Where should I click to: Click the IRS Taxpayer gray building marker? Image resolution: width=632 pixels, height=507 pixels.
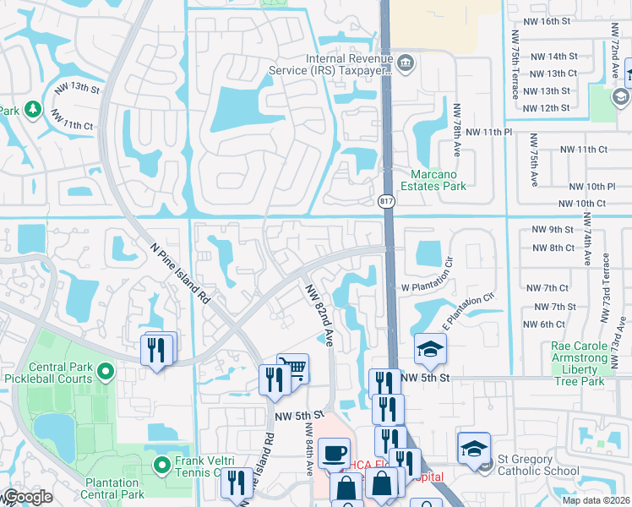coord(406,62)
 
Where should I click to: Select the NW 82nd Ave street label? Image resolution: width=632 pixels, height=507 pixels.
coord(318,313)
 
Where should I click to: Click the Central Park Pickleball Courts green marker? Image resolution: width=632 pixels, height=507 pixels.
coord(105,371)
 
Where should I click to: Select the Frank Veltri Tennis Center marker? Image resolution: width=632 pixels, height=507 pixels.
coord(164,464)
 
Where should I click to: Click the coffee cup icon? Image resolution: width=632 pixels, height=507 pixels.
coord(334,452)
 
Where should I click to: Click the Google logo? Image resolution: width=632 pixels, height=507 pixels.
coord(27,498)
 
